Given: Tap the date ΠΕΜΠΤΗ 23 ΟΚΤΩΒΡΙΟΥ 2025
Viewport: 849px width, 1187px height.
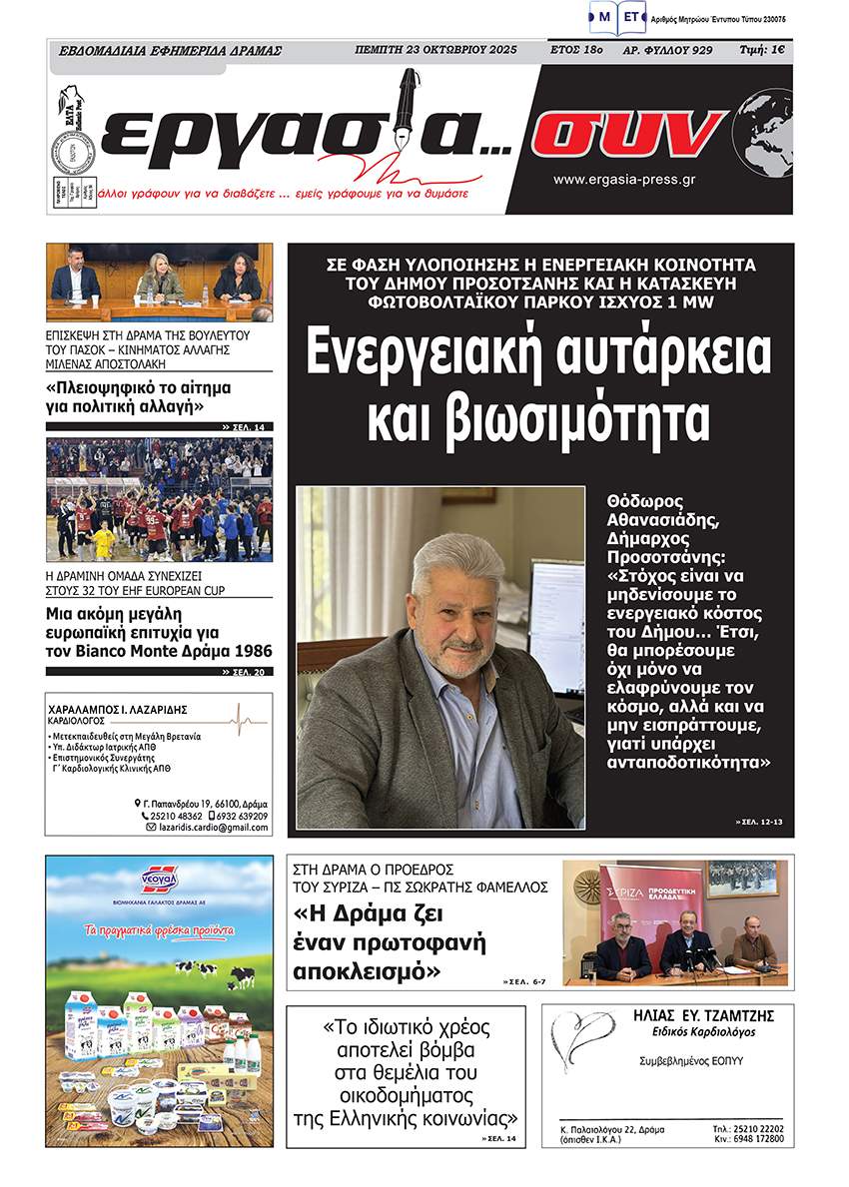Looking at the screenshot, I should pos(435,50).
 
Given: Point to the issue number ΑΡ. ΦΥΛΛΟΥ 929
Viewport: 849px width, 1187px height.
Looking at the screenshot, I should pos(667,50).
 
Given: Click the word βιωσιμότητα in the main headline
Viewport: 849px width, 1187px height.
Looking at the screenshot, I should pos(539,420).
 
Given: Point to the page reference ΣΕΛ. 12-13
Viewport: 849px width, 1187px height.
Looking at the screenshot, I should pos(760,822).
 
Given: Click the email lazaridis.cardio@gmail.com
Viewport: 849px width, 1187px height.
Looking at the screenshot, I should pos(212,828).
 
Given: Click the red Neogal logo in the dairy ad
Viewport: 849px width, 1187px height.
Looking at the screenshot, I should pos(159,880).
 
